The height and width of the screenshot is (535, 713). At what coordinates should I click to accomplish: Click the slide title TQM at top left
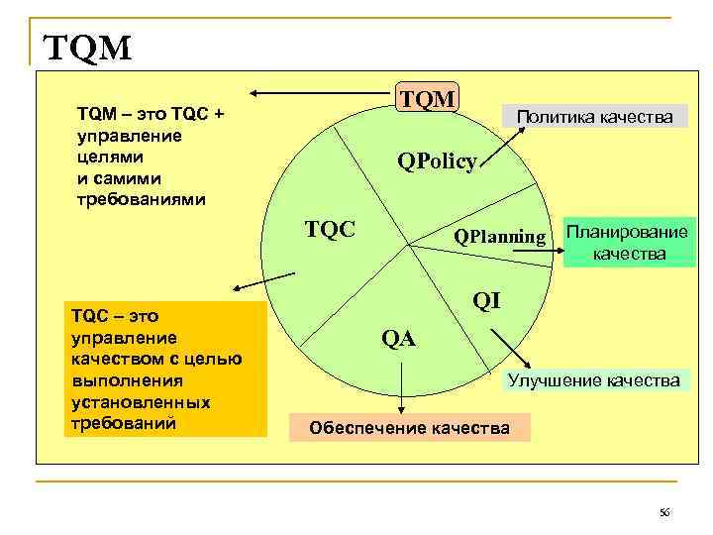(87, 46)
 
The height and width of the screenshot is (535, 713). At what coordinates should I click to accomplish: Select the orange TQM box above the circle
(427, 98)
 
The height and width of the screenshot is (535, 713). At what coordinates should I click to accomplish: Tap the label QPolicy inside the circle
(437, 161)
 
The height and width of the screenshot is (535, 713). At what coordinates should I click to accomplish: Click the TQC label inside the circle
(330, 230)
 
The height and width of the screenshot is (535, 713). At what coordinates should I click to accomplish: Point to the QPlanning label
(499, 237)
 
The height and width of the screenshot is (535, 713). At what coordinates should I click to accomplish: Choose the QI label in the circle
(486, 299)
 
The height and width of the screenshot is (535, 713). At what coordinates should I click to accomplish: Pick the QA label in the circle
(399, 339)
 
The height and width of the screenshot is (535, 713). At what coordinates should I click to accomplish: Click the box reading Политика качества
(595, 117)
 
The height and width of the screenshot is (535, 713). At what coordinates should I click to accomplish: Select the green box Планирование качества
(629, 243)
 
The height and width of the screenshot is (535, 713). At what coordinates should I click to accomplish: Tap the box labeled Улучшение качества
(593, 380)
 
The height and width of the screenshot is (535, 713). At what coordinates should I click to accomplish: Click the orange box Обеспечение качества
(410, 428)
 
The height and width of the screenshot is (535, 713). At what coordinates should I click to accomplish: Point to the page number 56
(664, 512)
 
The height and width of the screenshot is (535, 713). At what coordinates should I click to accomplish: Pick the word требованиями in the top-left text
(143, 198)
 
